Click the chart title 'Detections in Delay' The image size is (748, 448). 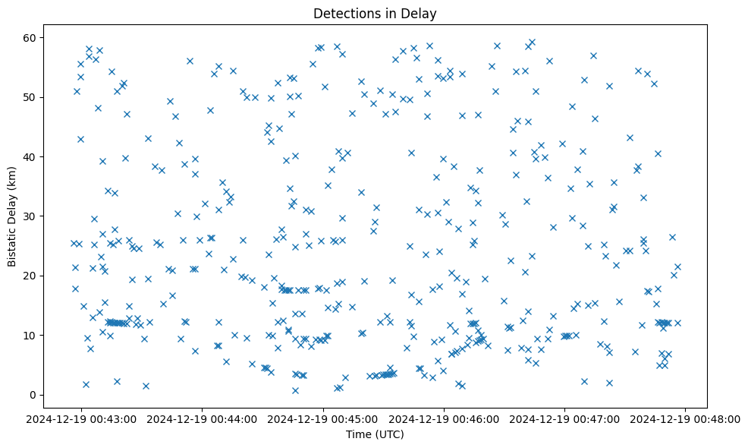click(375, 14)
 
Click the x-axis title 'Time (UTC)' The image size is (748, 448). click(375, 434)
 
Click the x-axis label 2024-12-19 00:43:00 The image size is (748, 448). click(82, 419)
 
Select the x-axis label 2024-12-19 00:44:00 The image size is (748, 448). click(203, 419)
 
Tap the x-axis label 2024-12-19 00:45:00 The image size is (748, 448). click(324, 419)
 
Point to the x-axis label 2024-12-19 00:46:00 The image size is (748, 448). click(445, 419)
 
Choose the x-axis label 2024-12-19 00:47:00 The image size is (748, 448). click(565, 419)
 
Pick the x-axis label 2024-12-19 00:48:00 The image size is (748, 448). click(686, 419)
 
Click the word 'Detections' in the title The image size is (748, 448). click(343, 14)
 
